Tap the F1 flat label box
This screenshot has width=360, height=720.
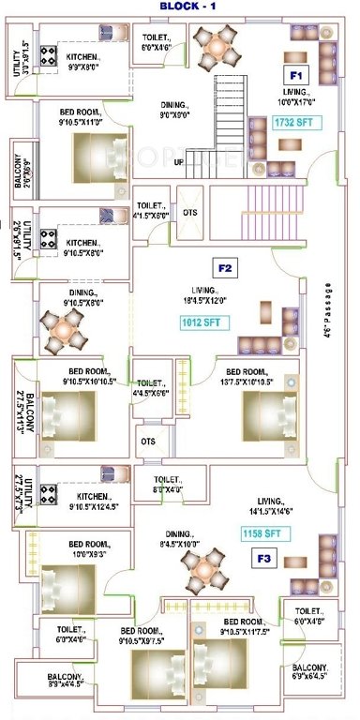tap(296, 74)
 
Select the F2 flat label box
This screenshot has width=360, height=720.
tap(225, 268)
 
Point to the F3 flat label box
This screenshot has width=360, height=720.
tap(265, 560)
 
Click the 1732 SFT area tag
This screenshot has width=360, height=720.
tap(292, 123)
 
